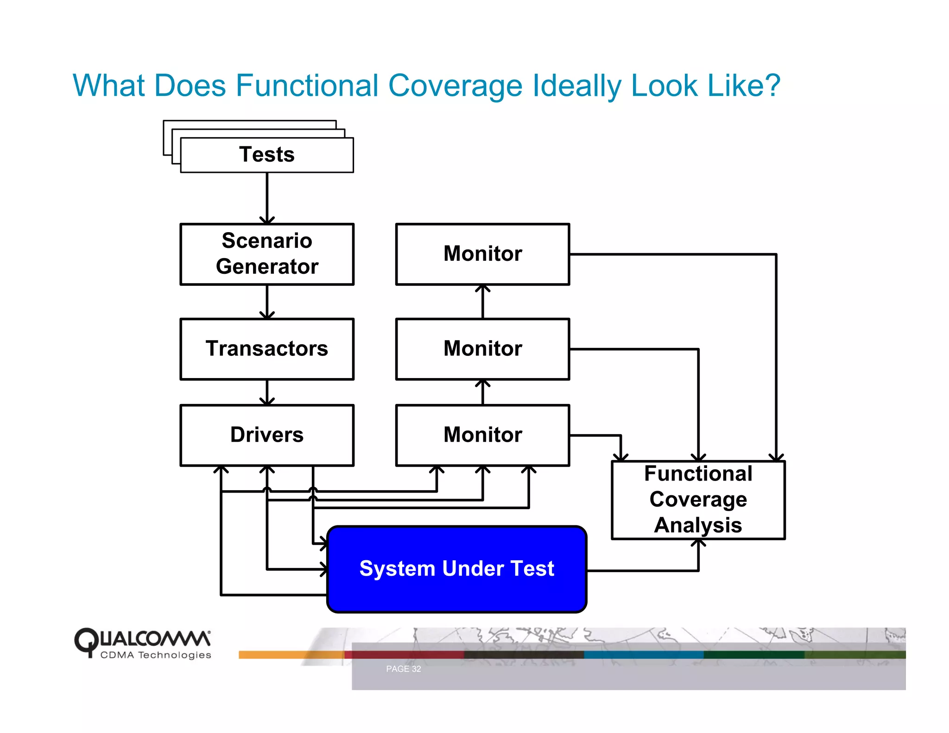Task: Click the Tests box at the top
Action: point(267,155)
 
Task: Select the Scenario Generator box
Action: point(267,254)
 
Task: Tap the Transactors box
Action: point(267,348)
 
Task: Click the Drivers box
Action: point(267,435)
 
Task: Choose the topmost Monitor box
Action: point(482,254)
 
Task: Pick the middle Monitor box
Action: point(482,348)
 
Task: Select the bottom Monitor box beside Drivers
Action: point(482,435)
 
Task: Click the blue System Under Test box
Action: point(456,569)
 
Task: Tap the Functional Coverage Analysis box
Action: point(698,499)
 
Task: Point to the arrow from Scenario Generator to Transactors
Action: point(267,302)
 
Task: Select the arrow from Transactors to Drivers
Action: point(267,392)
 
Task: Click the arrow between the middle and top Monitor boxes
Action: point(482,302)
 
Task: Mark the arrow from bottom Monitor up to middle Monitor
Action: point(482,392)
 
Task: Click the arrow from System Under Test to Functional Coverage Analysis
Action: point(649,570)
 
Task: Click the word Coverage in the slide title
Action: point(455,86)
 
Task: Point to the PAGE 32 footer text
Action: point(403,669)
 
